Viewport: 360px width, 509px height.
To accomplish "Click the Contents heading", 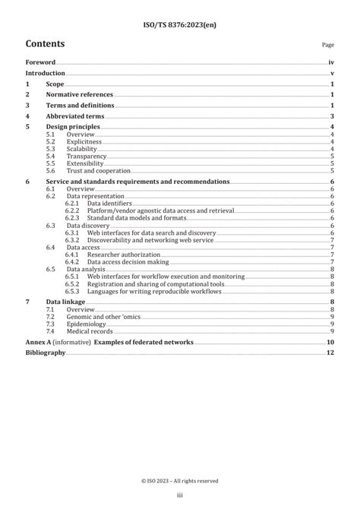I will (45, 43).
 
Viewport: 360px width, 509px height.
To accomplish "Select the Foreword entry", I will (40, 62).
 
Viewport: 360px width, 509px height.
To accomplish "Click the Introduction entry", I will (45, 74).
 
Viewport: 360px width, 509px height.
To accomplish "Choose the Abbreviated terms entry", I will (74, 116).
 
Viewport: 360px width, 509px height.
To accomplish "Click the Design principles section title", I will (72, 127).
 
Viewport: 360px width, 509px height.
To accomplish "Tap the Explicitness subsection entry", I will (82, 142).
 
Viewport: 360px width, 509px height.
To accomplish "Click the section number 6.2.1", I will (72, 203).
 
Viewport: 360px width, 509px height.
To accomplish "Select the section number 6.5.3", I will (72, 291).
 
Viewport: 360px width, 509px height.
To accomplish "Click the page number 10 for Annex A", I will (330, 343).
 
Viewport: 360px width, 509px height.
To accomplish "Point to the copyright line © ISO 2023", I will (179, 480).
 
